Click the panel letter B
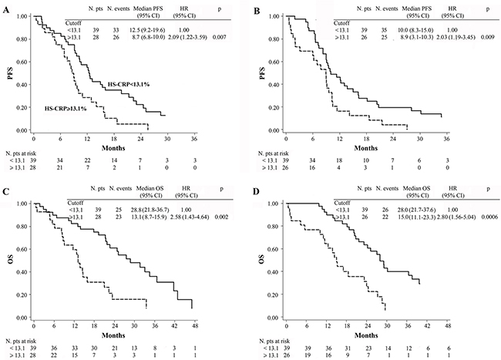(x=261, y=8)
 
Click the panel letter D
(x=261, y=190)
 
